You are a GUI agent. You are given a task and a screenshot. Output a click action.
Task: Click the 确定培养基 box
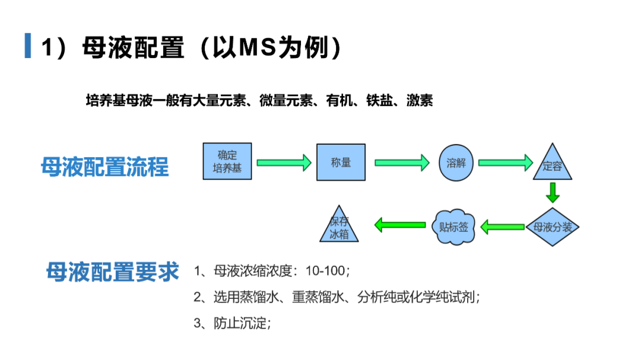[227, 161]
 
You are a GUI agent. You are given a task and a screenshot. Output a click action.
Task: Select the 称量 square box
[341, 163]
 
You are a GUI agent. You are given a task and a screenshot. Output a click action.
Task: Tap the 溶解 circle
[456, 163]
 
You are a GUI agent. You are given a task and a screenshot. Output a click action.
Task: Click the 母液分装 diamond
[553, 227]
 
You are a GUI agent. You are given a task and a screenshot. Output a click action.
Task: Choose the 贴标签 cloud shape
[453, 227]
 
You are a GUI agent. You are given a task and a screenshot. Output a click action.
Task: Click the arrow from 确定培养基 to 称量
[284, 163]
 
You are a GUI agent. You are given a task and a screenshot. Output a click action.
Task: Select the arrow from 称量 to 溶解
[402, 163]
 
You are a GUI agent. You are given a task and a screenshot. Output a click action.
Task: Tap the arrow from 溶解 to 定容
[506, 163]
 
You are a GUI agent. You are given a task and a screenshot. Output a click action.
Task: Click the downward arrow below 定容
[553, 193]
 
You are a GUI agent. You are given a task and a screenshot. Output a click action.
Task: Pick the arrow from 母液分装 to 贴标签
[503, 227]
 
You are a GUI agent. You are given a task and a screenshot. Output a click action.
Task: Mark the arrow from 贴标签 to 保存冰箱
[400, 225]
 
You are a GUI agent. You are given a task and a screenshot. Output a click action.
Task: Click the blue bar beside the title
[28, 46]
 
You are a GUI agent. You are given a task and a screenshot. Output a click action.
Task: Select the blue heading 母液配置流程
[104, 167]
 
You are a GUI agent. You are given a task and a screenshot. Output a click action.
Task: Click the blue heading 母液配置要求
[112, 272]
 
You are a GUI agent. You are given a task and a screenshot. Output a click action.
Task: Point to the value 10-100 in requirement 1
[325, 270]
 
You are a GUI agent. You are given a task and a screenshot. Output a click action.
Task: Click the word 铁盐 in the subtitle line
[379, 100]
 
